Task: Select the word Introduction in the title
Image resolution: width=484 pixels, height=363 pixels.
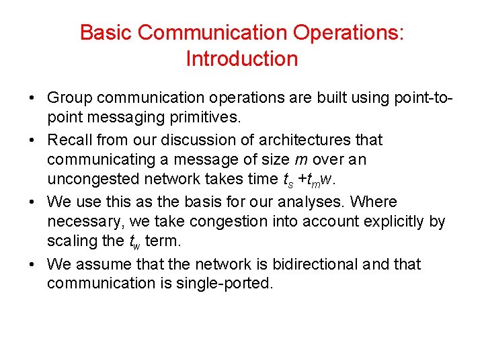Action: pyautogui.click(x=241, y=59)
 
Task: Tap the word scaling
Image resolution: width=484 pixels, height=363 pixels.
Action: pyautogui.click(x=70, y=241)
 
